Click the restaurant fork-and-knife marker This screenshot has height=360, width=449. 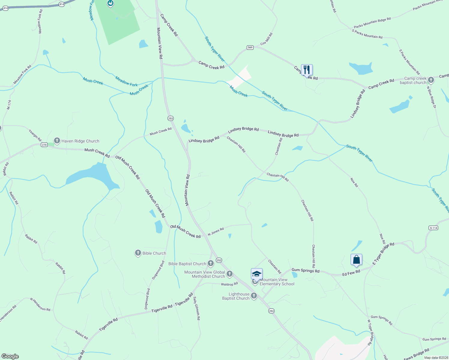tap(307, 70)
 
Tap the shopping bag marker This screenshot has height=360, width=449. tap(356, 259)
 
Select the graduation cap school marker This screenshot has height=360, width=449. tap(257, 274)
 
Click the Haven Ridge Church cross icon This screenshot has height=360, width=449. tap(57, 141)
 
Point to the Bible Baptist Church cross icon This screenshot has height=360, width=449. tap(211, 264)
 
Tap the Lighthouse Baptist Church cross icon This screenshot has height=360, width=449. tap(254, 296)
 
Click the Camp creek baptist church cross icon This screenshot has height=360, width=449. tap(431, 80)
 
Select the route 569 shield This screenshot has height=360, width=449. tap(250, 47)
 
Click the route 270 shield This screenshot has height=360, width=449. tap(44, 145)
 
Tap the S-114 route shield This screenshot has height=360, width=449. tap(433, 228)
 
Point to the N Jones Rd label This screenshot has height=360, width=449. tap(216, 232)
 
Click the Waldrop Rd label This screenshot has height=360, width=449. tap(229, 284)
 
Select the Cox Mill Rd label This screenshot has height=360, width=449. tap(267, 39)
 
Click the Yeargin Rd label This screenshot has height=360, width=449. tap(35, 135)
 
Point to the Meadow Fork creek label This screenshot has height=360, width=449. tap(126, 81)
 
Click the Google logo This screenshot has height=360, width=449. tap(10, 356)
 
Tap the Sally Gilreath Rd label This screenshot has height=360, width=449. tap(197, 308)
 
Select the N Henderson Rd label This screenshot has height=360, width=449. tap(40, 304)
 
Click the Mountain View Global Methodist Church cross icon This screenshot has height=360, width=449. tap(230, 274)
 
